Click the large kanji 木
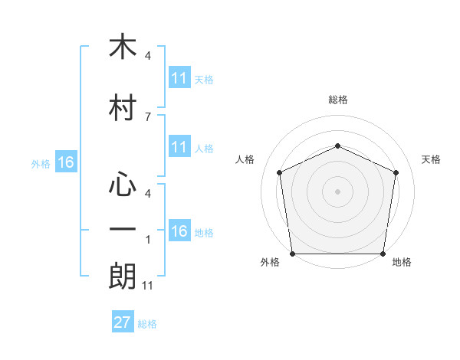point(123,46)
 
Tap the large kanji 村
point(123,107)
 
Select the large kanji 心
point(123,184)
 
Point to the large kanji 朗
point(123,276)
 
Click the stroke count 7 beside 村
point(148,117)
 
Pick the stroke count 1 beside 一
point(148,240)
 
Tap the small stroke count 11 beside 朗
point(147,286)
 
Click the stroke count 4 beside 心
point(148,194)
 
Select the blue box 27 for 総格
point(123,321)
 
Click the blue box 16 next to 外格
point(66,162)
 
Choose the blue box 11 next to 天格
point(179,77)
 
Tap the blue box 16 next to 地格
point(179,230)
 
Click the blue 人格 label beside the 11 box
point(204,149)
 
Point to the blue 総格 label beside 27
point(147,324)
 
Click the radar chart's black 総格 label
point(338,100)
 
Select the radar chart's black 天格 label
point(431,159)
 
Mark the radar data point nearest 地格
point(383,254)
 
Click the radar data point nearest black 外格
point(293,254)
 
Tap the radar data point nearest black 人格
point(280,172)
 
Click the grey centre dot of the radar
point(337,191)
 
